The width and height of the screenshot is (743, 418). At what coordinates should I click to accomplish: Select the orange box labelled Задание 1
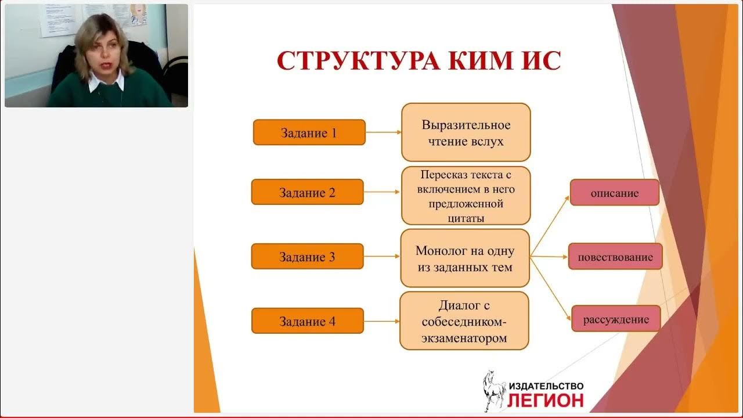tap(309, 132)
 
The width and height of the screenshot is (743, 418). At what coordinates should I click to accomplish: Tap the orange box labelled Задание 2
tap(307, 192)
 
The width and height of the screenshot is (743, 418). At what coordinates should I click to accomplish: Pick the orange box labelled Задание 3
tap(307, 257)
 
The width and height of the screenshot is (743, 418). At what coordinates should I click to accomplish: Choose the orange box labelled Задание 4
tap(307, 321)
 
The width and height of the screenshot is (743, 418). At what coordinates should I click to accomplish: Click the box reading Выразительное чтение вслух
tap(466, 132)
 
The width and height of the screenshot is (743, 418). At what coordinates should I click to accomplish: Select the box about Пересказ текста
tap(466, 196)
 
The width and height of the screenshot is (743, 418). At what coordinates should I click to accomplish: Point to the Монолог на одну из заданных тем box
tap(464, 258)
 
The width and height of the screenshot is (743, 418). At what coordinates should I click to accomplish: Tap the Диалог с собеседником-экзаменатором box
tap(464, 321)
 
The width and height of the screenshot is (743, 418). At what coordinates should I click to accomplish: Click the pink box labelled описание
tap(614, 193)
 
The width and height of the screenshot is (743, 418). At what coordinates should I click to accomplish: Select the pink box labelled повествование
tap(615, 257)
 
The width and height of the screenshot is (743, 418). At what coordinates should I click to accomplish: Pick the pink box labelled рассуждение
tap(615, 319)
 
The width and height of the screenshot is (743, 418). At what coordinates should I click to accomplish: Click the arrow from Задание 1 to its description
tap(383, 132)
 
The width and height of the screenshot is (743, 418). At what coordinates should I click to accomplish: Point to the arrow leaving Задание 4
tap(381, 321)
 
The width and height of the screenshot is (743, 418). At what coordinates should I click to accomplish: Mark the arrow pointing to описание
tap(550, 225)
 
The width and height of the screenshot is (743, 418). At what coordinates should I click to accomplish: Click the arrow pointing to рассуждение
tap(550, 289)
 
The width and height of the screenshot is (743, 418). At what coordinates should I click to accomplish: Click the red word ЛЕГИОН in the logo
tap(546, 400)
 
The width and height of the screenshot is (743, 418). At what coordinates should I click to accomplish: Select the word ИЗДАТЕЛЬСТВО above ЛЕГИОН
tap(546, 386)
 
